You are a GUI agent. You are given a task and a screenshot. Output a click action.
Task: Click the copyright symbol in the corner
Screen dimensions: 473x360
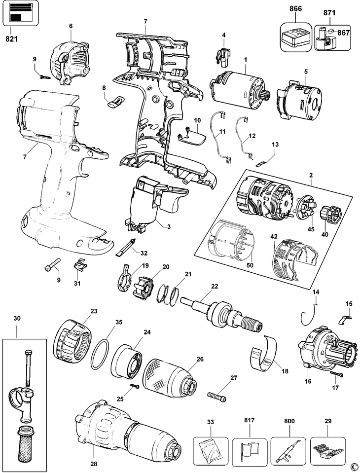353,467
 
